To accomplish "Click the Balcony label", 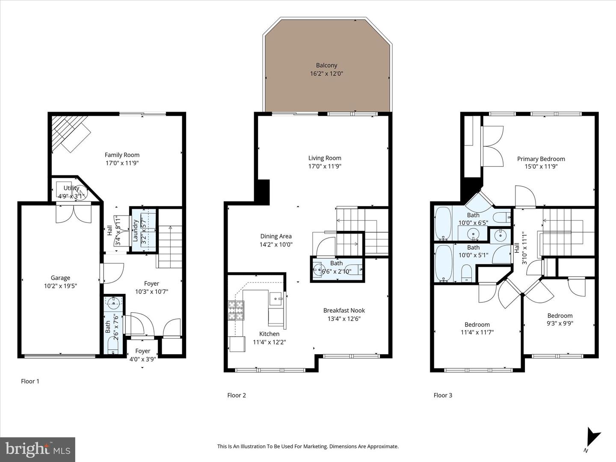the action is [x=326, y=65].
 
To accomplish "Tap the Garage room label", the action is [x=60, y=278].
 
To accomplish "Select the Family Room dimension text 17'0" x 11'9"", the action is [x=122, y=163].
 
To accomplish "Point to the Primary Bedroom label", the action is [x=541, y=159].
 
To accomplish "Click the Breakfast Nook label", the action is [x=344, y=310].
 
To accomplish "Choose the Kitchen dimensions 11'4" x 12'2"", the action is [x=269, y=342].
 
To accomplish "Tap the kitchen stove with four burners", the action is [x=236, y=310].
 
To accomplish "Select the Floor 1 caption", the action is [x=30, y=381].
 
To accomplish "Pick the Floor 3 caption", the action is [x=443, y=395].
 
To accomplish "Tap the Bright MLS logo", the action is [x=38, y=450].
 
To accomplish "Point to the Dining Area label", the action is [x=276, y=236].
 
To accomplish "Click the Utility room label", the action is [x=71, y=188].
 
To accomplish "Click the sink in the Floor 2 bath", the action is [x=319, y=270].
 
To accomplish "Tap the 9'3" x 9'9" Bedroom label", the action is [x=560, y=316].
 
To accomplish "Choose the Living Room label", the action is [x=325, y=158].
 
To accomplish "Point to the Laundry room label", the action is [x=136, y=231].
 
